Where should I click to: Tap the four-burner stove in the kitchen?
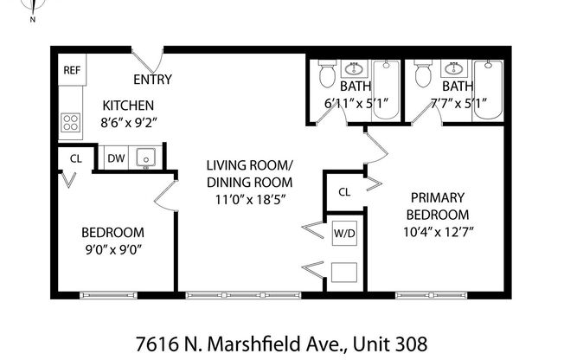[x=71, y=123]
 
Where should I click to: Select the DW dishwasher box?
[x=115, y=158]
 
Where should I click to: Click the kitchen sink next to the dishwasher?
[x=144, y=158]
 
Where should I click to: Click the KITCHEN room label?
[x=128, y=106]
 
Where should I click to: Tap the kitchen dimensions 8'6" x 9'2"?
[x=128, y=123]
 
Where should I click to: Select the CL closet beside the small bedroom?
[x=74, y=158]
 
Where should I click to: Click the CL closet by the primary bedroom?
[x=344, y=191]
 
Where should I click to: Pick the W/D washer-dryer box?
[x=343, y=233]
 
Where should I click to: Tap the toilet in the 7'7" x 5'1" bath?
[x=423, y=76]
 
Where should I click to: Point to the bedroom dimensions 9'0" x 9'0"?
[x=112, y=250]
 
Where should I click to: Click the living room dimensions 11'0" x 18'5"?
[x=249, y=199]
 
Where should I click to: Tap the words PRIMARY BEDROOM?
[x=439, y=206]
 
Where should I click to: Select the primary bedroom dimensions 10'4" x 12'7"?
[x=439, y=232]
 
